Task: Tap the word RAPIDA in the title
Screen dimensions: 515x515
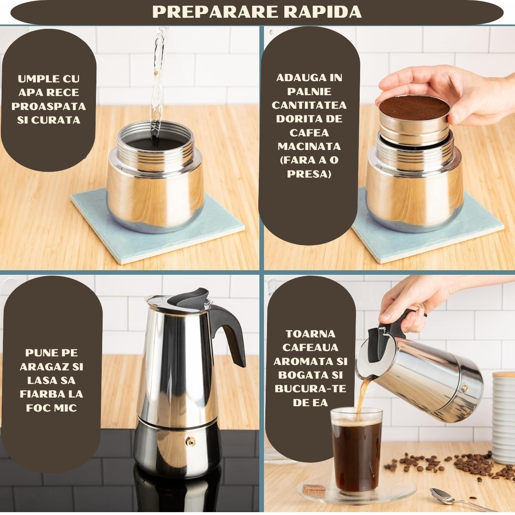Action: tap(322, 12)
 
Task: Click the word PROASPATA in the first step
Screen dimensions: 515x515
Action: tap(49, 106)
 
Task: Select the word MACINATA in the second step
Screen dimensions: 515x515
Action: tap(309, 146)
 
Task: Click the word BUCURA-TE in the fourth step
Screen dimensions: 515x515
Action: tap(310, 389)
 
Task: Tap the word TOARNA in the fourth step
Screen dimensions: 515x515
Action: tap(310, 334)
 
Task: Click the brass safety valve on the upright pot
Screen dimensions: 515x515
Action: tap(190, 441)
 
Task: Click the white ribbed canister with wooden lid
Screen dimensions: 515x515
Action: tap(503, 416)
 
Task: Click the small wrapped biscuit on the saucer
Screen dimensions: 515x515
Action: tap(314, 489)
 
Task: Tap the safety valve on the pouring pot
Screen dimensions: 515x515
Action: tap(465, 388)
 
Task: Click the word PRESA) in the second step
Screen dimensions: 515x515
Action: tap(309, 174)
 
